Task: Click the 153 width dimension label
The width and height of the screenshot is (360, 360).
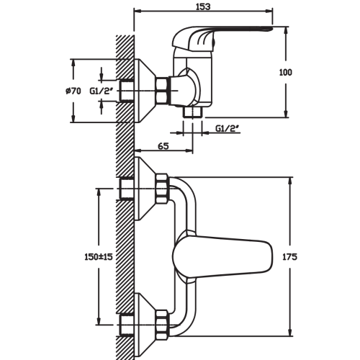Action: [x=203, y=6]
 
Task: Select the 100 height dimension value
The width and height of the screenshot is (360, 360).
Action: [x=286, y=72]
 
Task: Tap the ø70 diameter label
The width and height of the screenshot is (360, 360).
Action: [x=73, y=91]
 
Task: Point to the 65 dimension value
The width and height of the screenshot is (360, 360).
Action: [x=163, y=145]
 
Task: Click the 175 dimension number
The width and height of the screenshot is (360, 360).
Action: [x=289, y=257]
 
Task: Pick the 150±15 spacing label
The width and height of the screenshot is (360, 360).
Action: [x=99, y=257]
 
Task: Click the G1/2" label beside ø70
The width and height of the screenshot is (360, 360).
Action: [x=102, y=91]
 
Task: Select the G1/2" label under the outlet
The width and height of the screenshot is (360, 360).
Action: [x=228, y=128]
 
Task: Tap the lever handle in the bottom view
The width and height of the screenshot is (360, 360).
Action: [x=222, y=257]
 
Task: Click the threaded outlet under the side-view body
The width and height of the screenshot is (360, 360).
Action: [x=193, y=112]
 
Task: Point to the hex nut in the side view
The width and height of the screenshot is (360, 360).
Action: [x=163, y=91]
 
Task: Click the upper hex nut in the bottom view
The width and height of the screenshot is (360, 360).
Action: [x=163, y=189]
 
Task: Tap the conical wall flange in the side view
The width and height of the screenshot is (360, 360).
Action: [x=144, y=91]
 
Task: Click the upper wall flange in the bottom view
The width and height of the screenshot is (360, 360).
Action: [x=145, y=189]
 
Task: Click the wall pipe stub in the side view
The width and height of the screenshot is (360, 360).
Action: [x=127, y=91]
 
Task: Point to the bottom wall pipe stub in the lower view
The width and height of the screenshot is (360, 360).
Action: [x=127, y=325]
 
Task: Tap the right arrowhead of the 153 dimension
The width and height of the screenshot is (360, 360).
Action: [x=270, y=10]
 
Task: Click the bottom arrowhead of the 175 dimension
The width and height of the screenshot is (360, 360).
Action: [x=290, y=333]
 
